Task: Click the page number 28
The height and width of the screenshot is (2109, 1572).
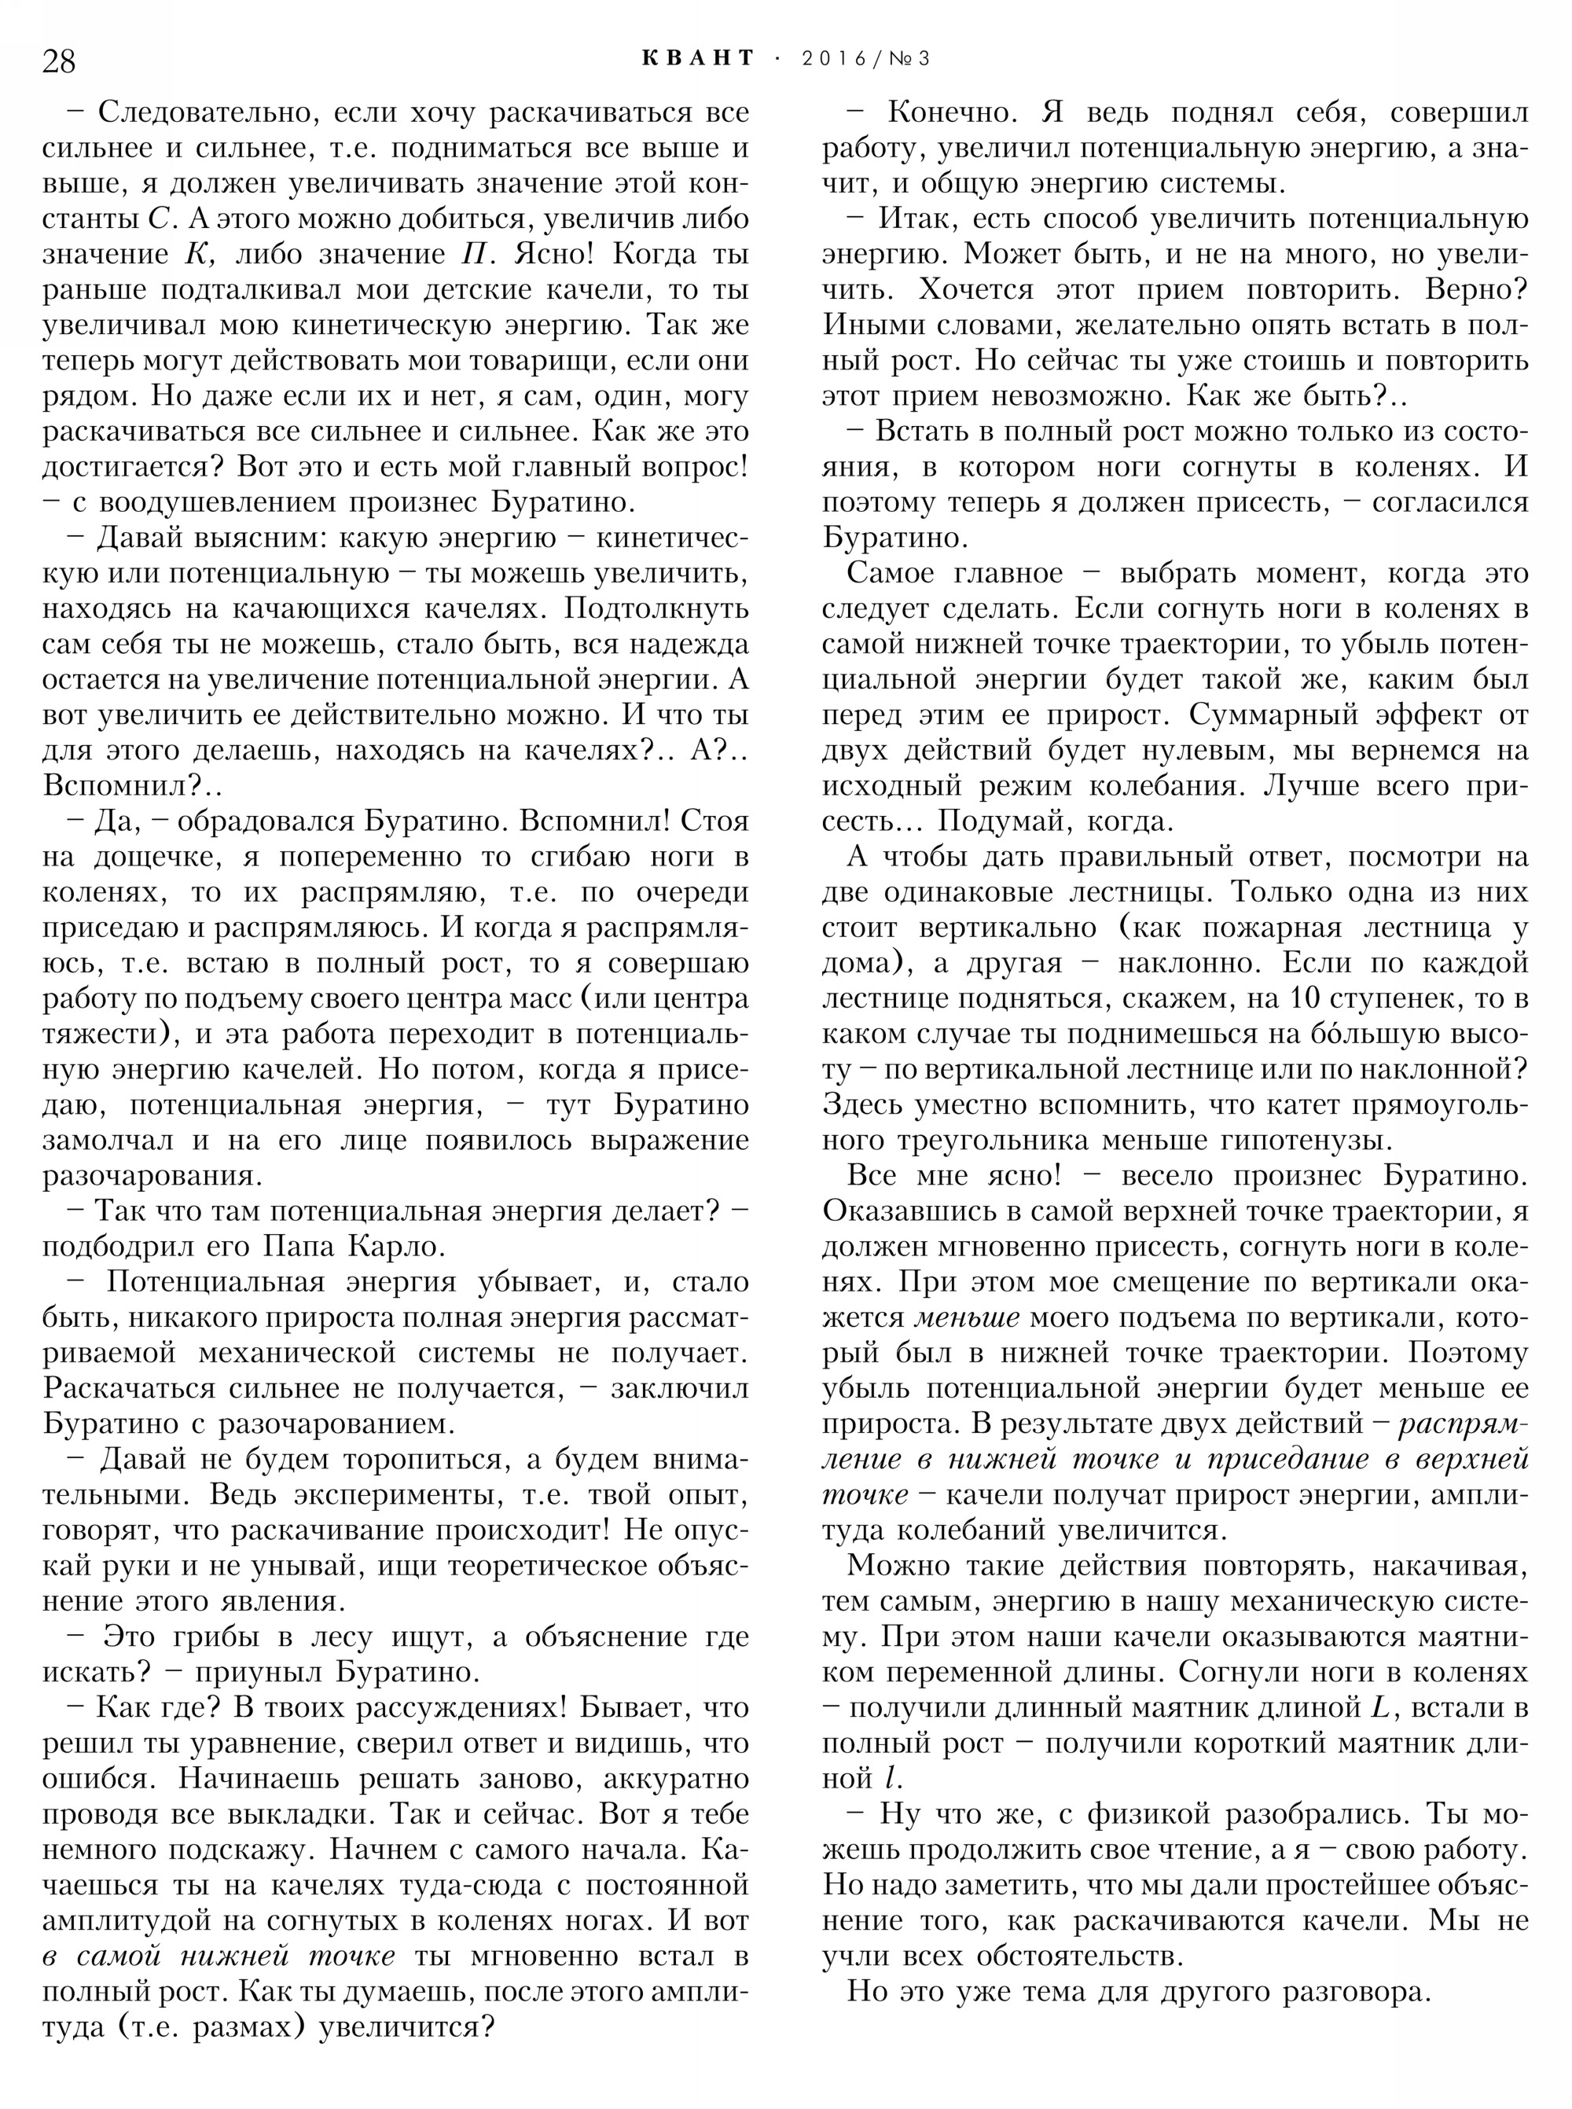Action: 59,61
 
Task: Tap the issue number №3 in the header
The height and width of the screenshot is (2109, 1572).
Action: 911,59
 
